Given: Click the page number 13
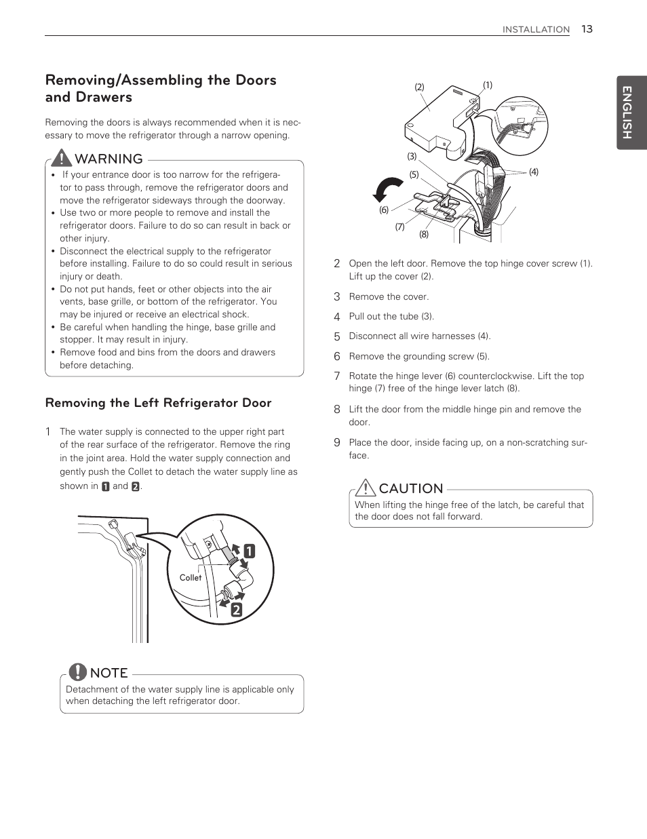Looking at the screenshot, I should (587, 28).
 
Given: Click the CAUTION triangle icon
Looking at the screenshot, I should (365, 488).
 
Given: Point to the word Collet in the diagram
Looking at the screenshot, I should (191, 578).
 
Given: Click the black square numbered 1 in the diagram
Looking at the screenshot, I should (250, 551).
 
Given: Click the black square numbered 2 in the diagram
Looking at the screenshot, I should (235, 609).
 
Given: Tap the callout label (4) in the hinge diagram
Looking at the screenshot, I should (534, 172).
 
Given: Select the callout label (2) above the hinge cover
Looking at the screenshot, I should (419, 87).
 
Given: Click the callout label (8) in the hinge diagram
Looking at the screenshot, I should (424, 234).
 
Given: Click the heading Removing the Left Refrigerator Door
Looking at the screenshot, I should (158, 403).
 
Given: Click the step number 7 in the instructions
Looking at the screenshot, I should (336, 376).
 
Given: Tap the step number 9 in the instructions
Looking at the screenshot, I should (336, 442).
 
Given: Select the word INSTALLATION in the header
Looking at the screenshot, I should (536, 29).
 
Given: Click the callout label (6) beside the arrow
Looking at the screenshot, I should (384, 210).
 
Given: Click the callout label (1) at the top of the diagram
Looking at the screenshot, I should (487, 85).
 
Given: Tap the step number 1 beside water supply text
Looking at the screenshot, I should (48, 431).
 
